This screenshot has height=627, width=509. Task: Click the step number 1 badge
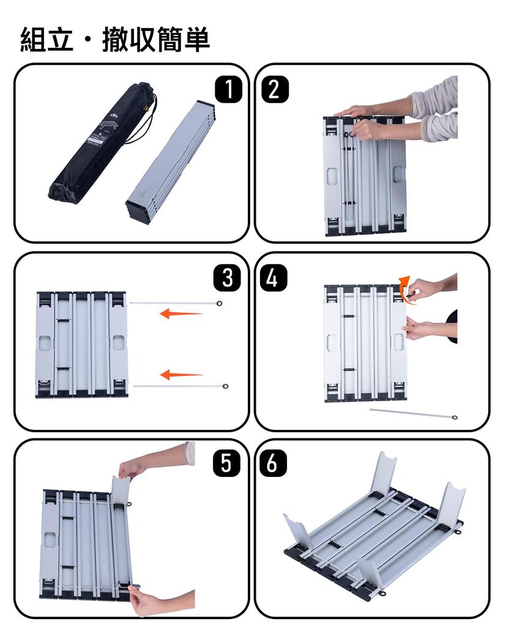[228, 90]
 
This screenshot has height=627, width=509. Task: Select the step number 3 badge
[228, 278]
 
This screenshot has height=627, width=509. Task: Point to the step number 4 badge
[273, 278]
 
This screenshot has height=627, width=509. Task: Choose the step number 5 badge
[227, 464]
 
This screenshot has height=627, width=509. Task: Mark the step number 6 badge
[273, 464]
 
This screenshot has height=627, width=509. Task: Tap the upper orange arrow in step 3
[180, 314]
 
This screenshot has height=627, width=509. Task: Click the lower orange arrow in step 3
[180, 374]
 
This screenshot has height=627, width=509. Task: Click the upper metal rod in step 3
[175, 303]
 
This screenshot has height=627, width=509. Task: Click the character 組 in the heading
[34, 40]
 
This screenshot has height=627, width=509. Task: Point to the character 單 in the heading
[196, 40]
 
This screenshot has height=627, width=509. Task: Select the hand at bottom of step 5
[147, 600]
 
